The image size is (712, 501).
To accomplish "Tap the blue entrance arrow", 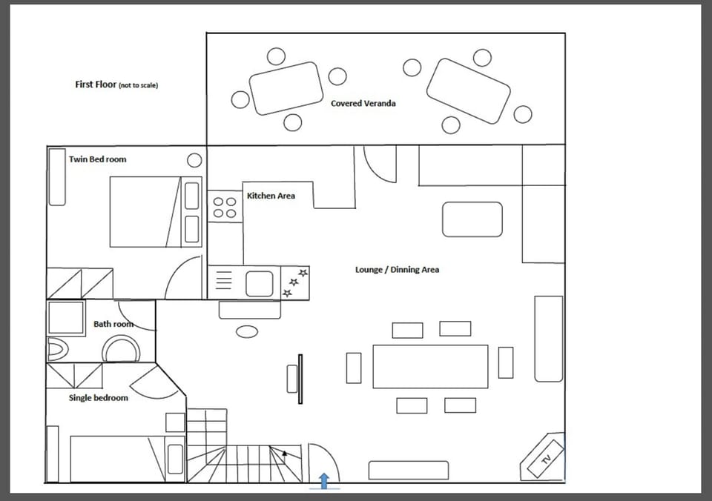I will [324, 481].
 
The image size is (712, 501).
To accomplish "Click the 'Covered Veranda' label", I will [363, 103].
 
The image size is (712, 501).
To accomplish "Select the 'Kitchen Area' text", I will [271, 196].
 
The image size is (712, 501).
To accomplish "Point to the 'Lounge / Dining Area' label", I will [397, 270].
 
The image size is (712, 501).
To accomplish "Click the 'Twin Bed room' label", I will [97, 159].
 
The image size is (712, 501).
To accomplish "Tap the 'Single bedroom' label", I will [98, 398].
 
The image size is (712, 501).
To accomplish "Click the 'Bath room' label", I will [113, 324].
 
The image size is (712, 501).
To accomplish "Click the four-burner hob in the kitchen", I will [224, 207].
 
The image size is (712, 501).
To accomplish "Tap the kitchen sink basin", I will [260, 282].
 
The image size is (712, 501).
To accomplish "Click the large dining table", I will [430, 366].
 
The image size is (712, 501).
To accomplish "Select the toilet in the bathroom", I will [57, 349].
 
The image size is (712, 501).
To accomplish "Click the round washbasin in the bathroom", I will [120, 349].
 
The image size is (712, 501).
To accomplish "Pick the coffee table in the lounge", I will [472, 219].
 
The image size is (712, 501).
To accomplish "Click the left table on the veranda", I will [286, 88].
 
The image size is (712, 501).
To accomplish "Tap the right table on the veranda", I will [468, 90].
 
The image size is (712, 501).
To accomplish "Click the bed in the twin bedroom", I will [145, 211].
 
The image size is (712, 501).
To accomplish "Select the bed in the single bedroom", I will [119, 459].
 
